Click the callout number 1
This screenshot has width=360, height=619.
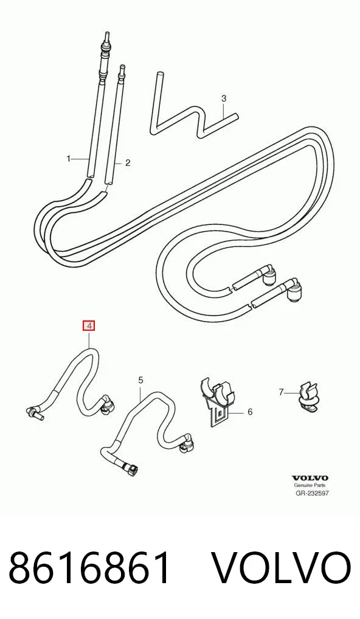coord(68,159)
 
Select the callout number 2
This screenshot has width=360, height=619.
coord(128,162)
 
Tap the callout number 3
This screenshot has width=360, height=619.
coord(224,98)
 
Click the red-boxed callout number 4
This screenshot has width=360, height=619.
coord(89,326)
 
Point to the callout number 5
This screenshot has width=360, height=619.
coord(140,380)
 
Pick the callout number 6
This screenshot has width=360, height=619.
coord(250,412)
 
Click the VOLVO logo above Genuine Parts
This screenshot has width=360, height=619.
coord(310,479)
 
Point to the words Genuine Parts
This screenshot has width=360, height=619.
coord(310,486)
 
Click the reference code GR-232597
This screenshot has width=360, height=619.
coord(312,493)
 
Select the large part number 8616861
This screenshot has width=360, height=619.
coord(89,569)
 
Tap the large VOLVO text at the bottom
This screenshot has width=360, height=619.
coord(282,569)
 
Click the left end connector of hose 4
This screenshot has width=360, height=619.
coord(33,412)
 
